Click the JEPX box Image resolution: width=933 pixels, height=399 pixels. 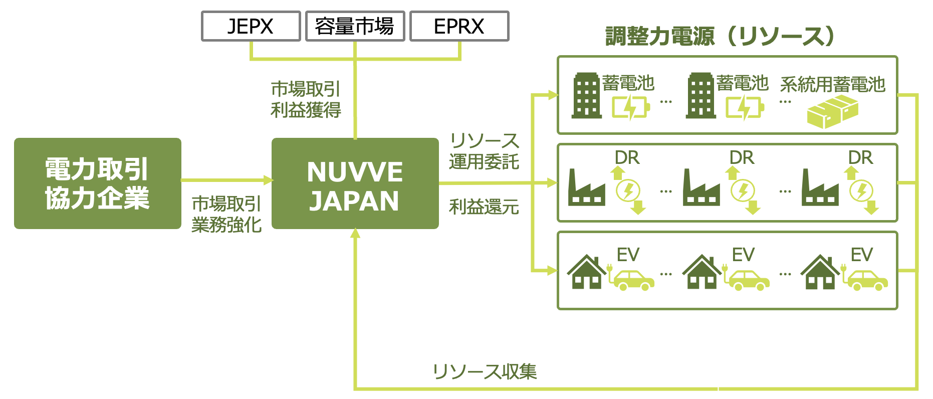(x=251, y=26)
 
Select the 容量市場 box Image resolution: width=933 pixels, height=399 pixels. (x=355, y=26)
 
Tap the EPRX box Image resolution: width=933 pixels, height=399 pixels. (x=459, y=26)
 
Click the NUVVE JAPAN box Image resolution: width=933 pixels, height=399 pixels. (x=355, y=183)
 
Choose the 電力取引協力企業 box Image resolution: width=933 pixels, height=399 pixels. (x=97, y=183)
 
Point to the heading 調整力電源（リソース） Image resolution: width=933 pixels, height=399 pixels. (x=721, y=36)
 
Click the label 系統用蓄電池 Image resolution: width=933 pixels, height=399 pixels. (x=833, y=85)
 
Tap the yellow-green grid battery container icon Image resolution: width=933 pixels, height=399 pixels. (x=832, y=112)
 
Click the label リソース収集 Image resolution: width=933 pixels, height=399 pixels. (x=485, y=371)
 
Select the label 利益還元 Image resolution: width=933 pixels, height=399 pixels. (x=484, y=207)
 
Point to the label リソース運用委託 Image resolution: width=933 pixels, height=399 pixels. (x=484, y=151)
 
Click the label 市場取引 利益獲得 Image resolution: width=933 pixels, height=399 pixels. (x=306, y=99)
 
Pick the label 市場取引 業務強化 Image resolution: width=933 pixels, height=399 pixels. (x=226, y=215)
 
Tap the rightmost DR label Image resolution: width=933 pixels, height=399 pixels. (x=860, y=158)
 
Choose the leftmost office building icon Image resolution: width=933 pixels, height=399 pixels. (x=586, y=96)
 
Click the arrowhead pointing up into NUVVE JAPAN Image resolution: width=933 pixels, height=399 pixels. (x=355, y=233)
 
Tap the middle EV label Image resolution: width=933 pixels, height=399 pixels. (x=743, y=255)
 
